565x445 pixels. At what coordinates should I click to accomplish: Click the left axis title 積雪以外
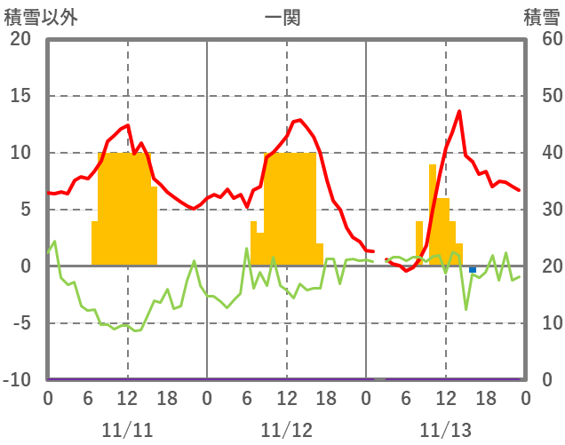tap(35, 16)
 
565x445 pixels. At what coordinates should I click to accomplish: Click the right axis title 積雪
tap(541, 16)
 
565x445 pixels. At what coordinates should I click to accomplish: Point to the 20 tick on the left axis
tap(20, 39)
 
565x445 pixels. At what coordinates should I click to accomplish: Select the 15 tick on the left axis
tap(20, 96)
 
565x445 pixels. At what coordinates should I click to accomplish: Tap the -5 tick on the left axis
tap(20, 323)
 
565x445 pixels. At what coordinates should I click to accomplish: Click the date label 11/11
tap(127, 430)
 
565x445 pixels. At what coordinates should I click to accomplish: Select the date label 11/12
tap(287, 430)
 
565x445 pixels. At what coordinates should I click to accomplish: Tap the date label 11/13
tap(446, 430)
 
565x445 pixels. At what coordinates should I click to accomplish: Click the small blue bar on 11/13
tap(473, 269)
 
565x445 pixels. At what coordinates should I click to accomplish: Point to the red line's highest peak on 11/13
tap(459, 111)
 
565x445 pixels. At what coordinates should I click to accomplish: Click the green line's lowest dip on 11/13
tap(466, 309)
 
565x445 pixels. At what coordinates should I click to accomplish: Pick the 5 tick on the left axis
tap(24, 210)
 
